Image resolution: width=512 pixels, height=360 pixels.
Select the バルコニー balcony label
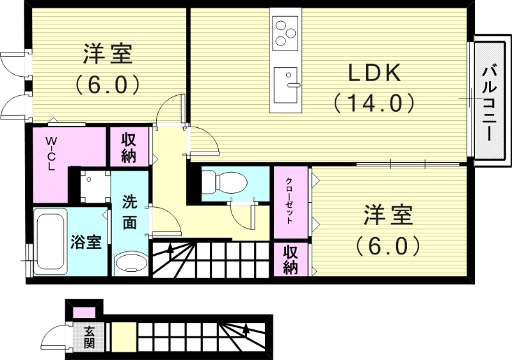(490, 102)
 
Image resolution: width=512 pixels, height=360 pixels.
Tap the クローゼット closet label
(289, 200)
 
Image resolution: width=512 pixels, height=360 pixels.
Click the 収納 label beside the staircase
(291, 260)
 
